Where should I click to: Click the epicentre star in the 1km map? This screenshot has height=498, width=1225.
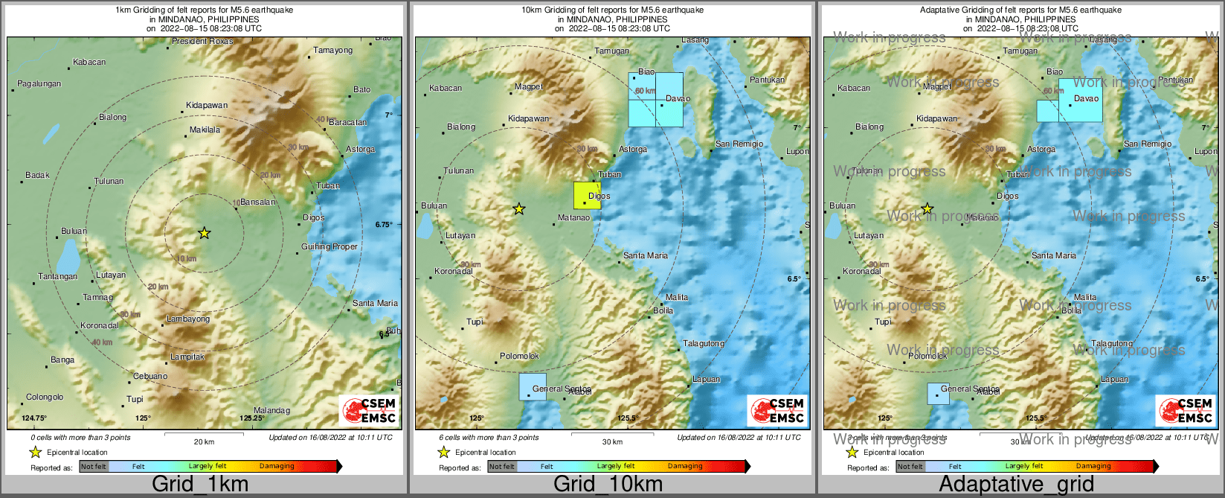click(205, 233)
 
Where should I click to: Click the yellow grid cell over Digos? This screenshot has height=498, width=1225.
click(587, 195)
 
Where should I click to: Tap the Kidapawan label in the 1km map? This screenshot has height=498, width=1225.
click(207, 105)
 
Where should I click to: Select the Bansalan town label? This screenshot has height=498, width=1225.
click(258, 202)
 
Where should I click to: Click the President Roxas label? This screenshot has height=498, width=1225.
click(202, 42)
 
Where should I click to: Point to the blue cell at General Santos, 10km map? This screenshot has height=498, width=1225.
click(533, 387)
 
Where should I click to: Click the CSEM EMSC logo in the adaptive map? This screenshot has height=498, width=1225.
click(1186, 410)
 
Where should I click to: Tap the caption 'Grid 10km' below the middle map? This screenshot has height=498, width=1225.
click(608, 484)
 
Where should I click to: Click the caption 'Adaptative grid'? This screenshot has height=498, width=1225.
click(1016, 484)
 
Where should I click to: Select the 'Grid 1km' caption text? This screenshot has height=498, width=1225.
click(200, 484)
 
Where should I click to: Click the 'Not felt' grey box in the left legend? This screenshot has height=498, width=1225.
click(94, 467)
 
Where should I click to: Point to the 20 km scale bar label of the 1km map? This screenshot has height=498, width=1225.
click(204, 442)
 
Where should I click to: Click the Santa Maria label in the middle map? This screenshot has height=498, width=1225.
click(645, 255)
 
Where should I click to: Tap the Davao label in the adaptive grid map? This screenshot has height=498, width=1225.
click(1086, 98)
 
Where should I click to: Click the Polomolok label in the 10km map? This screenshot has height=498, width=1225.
click(519, 357)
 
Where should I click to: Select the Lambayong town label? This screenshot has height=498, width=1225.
click(188, 319)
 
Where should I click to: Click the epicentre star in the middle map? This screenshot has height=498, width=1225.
click(519, 209)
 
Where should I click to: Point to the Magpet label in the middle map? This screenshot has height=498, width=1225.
click(529, 87)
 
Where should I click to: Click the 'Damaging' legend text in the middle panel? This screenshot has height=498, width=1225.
click(684, 467)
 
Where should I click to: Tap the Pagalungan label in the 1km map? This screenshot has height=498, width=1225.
click(39, 84)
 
